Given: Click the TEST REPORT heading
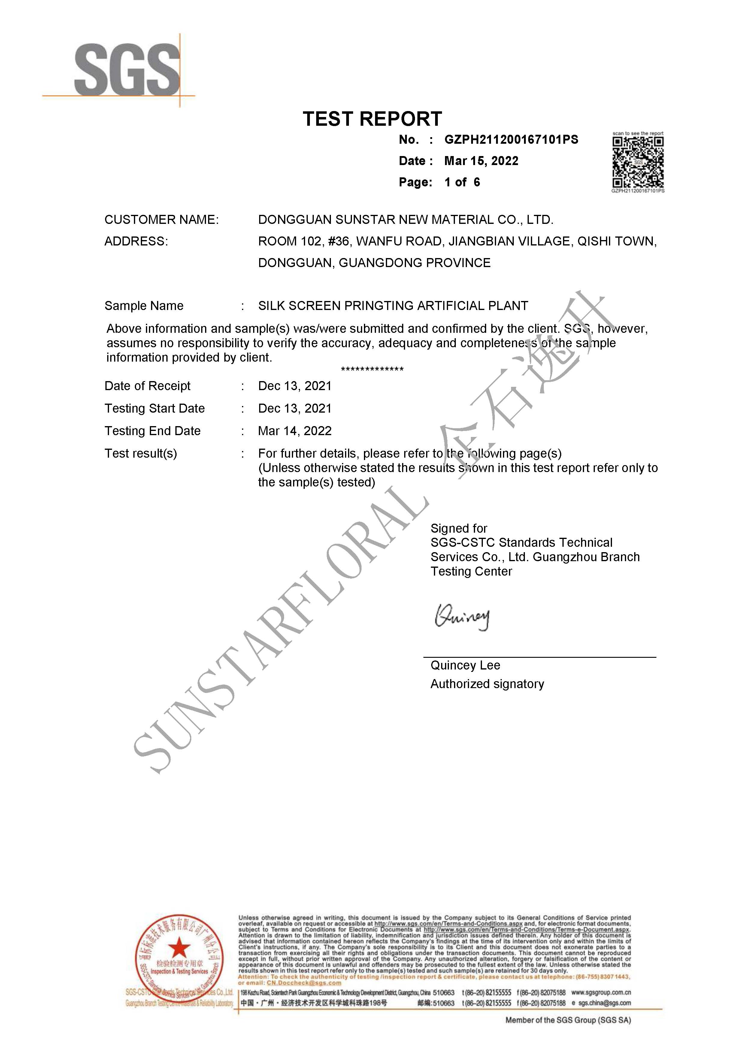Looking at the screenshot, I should click(372, 119).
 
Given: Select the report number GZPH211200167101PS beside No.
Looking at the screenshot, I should click(511, 140).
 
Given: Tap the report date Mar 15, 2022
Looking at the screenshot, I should click(481, 161).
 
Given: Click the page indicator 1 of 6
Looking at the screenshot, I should click(462, 182).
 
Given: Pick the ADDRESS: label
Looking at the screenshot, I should click(136, 241).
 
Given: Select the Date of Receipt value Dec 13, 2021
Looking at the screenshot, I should click(295, 386).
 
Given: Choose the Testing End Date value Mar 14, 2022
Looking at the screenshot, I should click(295, 431).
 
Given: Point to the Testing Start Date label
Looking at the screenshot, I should click(154, 409).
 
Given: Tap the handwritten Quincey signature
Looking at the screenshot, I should click(462, 617).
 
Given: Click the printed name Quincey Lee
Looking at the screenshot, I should click(465, 666).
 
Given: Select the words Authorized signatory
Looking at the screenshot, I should click(487, 684).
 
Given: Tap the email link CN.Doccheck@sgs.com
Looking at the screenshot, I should click(304, 983).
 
